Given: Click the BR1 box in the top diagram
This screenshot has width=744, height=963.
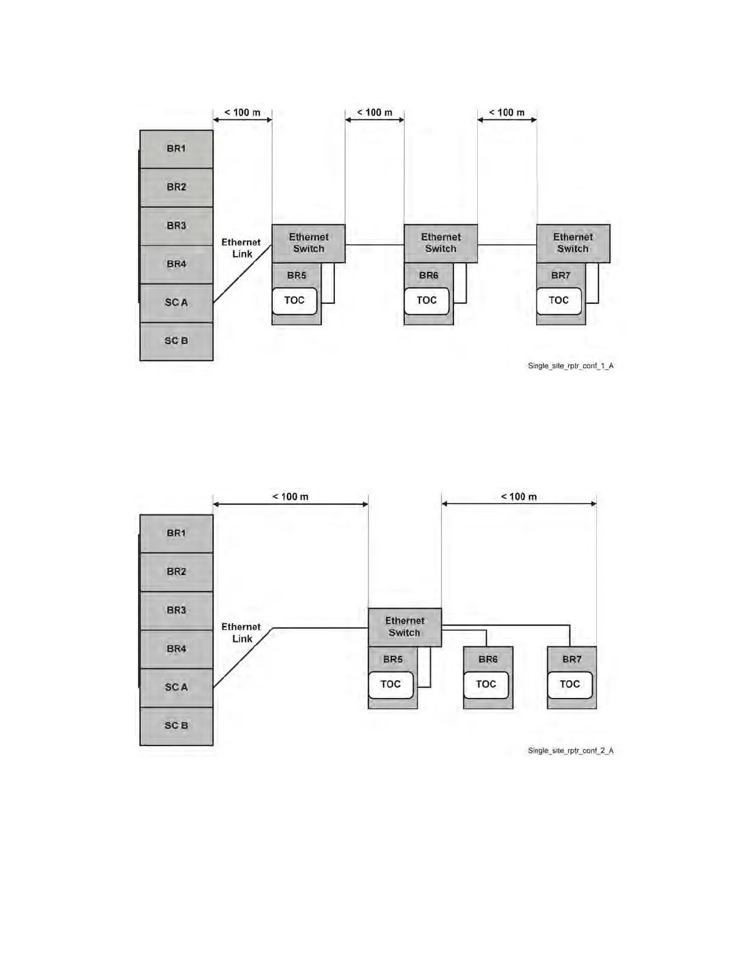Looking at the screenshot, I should click(x=176, y=149).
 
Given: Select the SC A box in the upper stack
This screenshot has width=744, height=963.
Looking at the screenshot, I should click(x=176, y=303).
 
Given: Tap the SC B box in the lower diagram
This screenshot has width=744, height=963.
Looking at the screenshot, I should click(x=176, y=726).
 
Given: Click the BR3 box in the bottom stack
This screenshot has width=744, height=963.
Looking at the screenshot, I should click(x=176, y=610).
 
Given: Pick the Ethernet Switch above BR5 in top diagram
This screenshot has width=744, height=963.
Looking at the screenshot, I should click(x=308, y=243).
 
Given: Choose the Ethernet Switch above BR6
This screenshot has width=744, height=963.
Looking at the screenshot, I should click(x=441, y=243).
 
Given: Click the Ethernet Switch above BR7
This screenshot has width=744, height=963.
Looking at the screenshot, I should click(x=573, y=243).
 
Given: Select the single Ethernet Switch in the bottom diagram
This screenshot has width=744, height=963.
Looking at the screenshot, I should click(x=405, y=627).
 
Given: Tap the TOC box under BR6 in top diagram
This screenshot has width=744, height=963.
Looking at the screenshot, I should click(x=427, y=300).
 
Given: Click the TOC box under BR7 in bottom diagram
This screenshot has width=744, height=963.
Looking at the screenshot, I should click(x=570, y=685).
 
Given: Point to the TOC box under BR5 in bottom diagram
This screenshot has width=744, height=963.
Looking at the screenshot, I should click(x=391, y=685).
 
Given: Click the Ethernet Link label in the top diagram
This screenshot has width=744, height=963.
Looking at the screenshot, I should click(x=241, y=248).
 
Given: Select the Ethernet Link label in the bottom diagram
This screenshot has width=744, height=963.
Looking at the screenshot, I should click(x=241, y=633).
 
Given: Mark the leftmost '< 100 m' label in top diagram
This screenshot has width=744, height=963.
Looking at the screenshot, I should click(x=243, y=112).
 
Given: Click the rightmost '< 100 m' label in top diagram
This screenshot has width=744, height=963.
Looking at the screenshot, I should click(x=507, y=112).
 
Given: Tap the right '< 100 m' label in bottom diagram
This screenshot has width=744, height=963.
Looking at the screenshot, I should click(x=518, y=497).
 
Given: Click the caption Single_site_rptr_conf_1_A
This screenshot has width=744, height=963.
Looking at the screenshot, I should click(x=570, y=366).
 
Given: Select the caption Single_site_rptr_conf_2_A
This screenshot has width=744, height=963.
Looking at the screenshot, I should click(x=570, y=751).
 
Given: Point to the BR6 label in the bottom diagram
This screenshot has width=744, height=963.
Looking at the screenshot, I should click(x=488, y=659).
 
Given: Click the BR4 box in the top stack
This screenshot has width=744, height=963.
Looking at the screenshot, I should click(x=176, y=264).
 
